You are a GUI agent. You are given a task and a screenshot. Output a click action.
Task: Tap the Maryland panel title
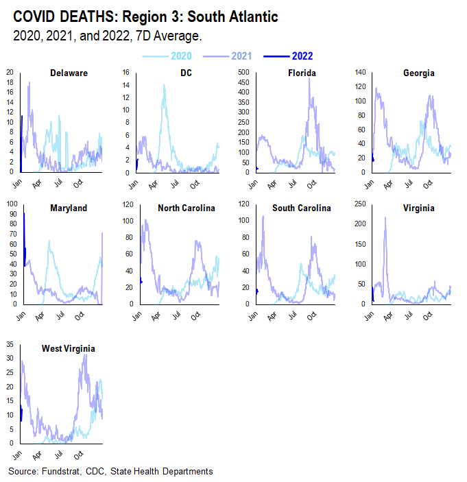69,208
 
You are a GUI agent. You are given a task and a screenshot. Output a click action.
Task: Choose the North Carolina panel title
187,208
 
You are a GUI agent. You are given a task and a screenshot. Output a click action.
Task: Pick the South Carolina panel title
302,208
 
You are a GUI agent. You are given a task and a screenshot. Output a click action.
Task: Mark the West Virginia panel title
68,348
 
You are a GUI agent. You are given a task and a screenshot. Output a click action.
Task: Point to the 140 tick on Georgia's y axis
357,71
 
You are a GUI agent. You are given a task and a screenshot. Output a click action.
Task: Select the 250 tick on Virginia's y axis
357,204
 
